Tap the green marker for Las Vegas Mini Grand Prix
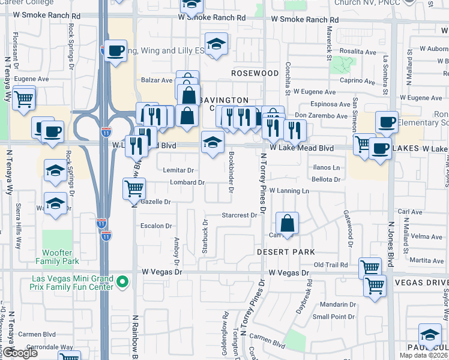click(123, 281)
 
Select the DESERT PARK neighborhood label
click(286, 252)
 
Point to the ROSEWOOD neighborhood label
click(256, 73)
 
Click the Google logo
click(20, 353)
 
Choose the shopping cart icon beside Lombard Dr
click(134, 189)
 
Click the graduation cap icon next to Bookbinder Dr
click(212, 143)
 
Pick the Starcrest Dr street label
click(239, 214)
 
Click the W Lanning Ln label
click(289, 191)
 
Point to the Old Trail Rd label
click(331, 265)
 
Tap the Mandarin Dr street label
click(334, 305)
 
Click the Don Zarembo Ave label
click(322, 114)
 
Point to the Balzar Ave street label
click(157, 80)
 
